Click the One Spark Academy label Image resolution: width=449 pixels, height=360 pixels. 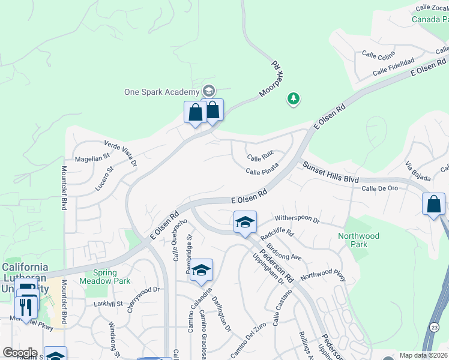161,92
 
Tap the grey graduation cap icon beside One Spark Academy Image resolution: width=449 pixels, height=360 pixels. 208,91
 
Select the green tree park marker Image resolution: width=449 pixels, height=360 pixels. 293,98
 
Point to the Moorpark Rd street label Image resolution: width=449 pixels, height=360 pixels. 271,79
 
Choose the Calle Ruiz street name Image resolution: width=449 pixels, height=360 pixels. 261,158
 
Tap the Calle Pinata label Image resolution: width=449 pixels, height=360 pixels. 262,172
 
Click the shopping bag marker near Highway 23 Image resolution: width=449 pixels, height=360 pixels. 433,204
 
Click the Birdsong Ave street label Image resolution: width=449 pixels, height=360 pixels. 283,253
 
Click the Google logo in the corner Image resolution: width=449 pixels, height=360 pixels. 20,352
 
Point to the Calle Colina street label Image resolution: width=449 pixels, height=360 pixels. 378,55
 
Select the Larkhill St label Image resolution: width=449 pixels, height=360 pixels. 108,304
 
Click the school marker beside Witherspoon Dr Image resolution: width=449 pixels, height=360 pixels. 245,222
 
